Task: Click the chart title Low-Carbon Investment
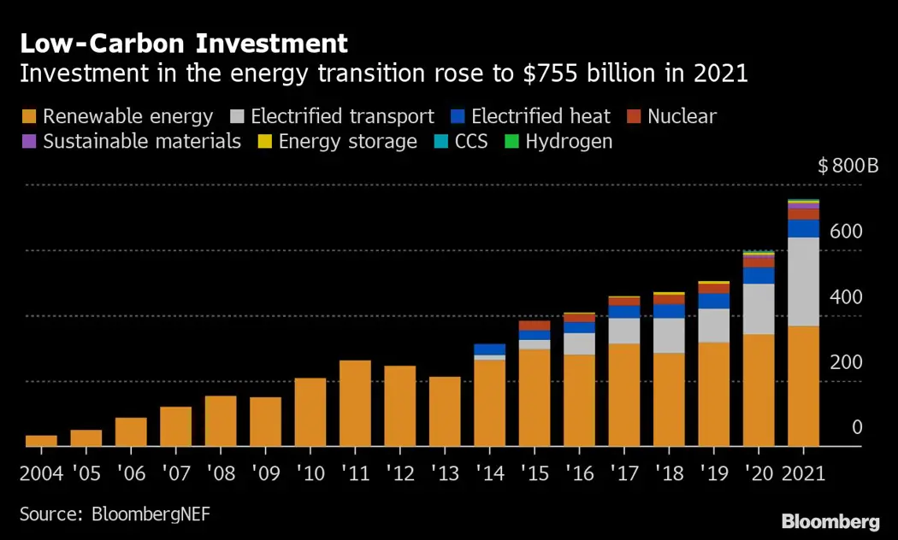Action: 183,44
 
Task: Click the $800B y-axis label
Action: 848,166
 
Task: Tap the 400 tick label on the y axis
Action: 846,297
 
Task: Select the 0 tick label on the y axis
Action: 857,427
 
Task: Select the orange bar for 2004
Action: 41,440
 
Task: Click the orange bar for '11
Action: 355,402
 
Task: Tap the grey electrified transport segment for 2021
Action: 803,281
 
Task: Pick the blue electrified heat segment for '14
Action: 489,349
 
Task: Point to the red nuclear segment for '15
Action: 534,326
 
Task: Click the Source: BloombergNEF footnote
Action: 115,514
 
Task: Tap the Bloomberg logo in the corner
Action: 830,520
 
